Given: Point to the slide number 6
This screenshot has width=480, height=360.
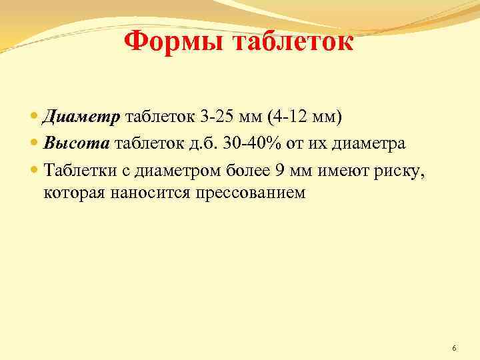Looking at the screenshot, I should pyautogui.click(x=454, y=348).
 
